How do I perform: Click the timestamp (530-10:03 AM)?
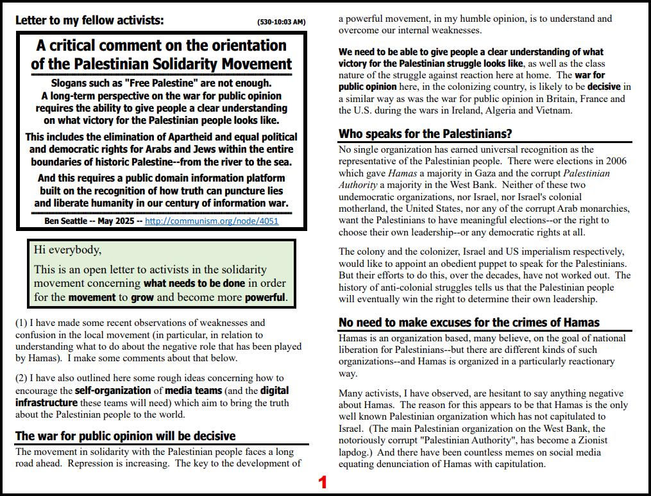point(281,22)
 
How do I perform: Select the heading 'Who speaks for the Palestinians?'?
point(425,134)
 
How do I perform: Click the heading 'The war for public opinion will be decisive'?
point(126,436)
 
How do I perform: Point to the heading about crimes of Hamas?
point(469,322)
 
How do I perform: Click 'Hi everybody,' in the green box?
point(67,250)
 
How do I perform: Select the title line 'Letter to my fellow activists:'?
point(90,21)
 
